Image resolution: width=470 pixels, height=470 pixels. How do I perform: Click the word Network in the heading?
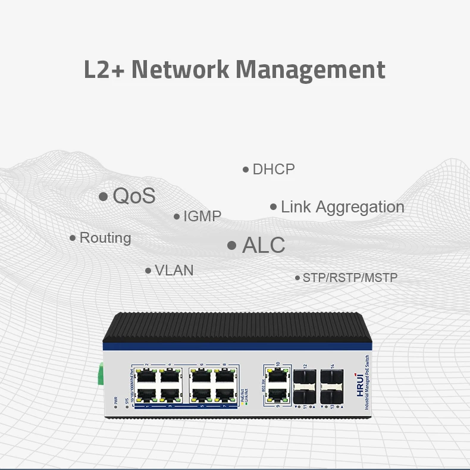[x=180, y=69]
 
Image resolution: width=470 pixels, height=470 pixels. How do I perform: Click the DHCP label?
[x=274, y=170]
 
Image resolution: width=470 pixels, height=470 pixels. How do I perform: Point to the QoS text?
[x=134, y=196]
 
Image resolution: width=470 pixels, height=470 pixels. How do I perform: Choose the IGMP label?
[x=202, y=217]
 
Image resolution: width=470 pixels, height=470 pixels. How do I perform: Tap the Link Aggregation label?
[x=342, y=207]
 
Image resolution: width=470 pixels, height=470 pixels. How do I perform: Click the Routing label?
[x=105, y=238]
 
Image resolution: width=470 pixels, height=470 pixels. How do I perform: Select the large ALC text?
[x=264, y=245]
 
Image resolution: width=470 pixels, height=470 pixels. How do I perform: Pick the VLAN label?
[x=174, y=270]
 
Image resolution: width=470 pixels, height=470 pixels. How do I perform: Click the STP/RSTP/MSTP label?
[x=350, y=278]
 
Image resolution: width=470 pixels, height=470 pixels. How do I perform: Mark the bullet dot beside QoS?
[x=104, y=196]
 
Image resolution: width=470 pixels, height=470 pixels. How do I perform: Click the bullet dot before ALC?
[x=232, y=246]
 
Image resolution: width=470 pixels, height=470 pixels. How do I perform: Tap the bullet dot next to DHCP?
[x=246, y=170]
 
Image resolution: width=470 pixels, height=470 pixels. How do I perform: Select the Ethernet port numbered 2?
[x=146, y=376]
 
